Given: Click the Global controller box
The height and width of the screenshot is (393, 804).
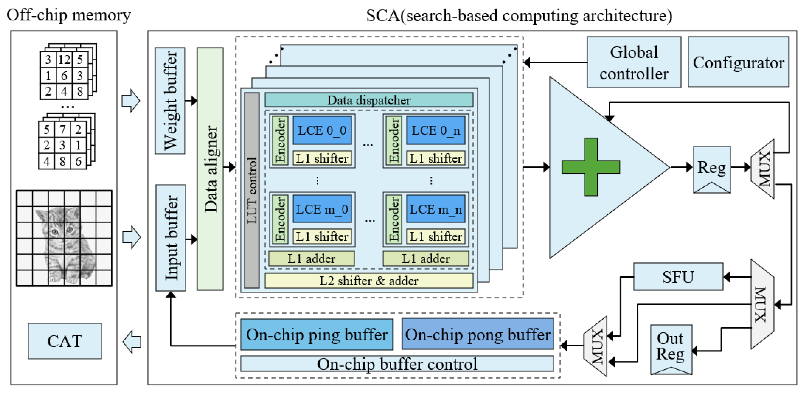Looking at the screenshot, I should pyautogui.click(x=634, y=62).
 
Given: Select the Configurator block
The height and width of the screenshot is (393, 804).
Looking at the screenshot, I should pyautogui.click(x=738, y=62).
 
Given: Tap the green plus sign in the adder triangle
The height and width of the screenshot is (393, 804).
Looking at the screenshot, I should pyautogui.click(x=591, y=167).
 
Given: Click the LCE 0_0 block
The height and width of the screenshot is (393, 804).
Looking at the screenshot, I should pyautogui.click(x=322, y=130).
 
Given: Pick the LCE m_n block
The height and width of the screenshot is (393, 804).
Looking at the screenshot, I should pyautogui.click(x=435, y=209).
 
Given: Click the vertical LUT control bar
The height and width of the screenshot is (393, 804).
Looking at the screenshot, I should pyautogui.click(x=252, y=190).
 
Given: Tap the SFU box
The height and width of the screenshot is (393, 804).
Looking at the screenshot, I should pyautogui.click(x=678, y=277).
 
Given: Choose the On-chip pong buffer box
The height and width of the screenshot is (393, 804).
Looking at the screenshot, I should pyautogui.click(x=477, y=334).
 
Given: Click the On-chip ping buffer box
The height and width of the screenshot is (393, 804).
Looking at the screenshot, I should pyautogui.click(x=317, y=334).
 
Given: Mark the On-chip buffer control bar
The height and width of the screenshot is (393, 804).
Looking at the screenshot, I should pyautogui.click(x=397, y=364).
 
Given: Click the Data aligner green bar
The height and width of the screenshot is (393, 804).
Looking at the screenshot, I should pyautogui.click(x=210, y=169).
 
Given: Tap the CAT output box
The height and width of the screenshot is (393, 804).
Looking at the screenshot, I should pyautogui.click(x=65, y=341).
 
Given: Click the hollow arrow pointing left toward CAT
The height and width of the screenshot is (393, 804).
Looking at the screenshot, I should pyautogui.click(x=132, y=342).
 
